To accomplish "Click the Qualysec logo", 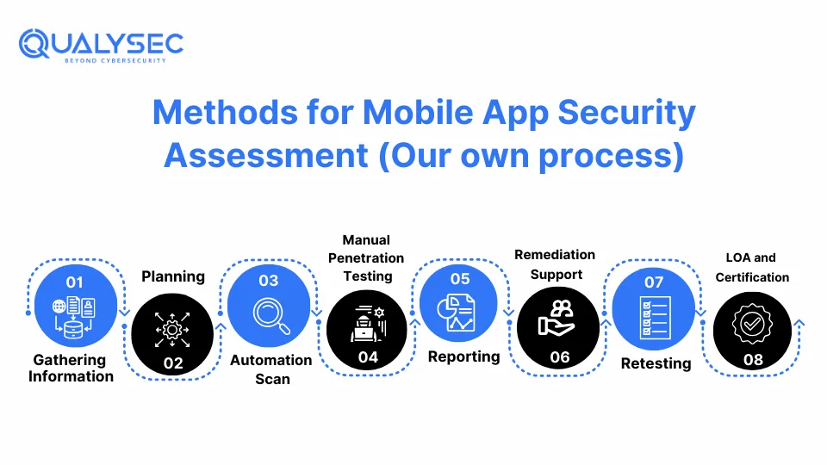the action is pos(101,46).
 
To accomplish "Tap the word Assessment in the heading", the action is pos(266,156).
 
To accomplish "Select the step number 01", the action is pos(74,282).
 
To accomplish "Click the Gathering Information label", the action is pos(72,368).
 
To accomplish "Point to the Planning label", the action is pos(173,276).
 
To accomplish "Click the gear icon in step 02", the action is pos(172,330).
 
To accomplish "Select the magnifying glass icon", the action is pos(271,316).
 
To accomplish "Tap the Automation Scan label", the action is pos(271,369).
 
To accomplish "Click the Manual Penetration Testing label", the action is pos(366,257).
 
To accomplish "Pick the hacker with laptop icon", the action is pos(368,323).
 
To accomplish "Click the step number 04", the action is pos(368,357).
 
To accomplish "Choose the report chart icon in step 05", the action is pos(457,313).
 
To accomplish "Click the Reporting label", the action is pos(464,356).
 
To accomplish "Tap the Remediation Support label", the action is pos(555,264).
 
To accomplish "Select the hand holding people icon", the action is pos(557,319).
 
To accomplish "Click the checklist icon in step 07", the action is pos(655,318).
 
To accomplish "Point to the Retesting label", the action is pos(656,363).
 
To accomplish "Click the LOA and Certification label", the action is pos(752,267).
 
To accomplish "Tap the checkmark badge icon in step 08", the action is pos(752,324).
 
